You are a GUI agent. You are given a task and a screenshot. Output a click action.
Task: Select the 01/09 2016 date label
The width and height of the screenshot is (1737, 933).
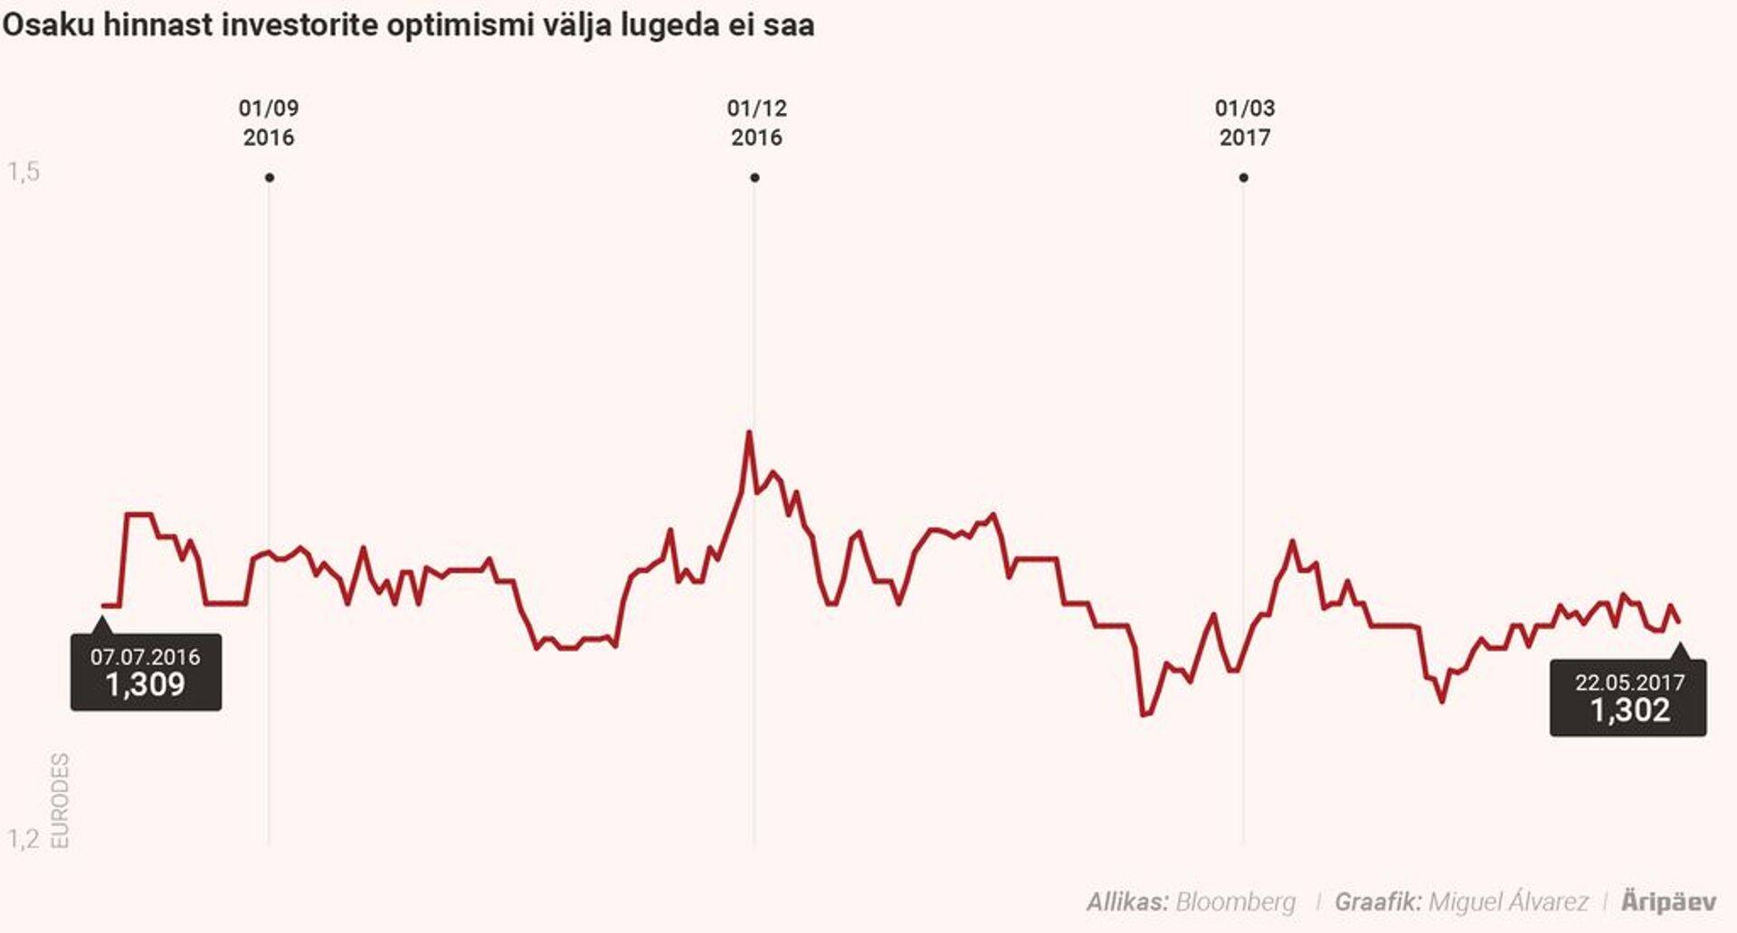point(269,122)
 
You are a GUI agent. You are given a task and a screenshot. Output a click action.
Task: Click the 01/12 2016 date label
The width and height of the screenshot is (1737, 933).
point(756,122)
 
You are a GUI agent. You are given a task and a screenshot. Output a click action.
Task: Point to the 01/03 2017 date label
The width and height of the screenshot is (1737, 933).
point(1245,122)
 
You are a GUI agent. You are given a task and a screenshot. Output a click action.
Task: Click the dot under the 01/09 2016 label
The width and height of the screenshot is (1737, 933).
point(270,177)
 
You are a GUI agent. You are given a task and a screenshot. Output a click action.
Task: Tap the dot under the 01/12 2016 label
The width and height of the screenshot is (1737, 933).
point(755,177)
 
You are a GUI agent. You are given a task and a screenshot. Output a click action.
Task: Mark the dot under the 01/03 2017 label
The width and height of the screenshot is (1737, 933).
point(1244,177)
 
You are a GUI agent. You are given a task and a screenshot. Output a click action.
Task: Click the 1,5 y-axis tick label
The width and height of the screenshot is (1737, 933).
point(24,171)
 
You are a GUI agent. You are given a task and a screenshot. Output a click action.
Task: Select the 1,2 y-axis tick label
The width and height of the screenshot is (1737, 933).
point(24,839)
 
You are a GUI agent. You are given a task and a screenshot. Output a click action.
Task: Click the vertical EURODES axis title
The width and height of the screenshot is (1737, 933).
point(60,801)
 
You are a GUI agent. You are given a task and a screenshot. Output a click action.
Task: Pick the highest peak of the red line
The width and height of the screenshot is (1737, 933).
point(749,433)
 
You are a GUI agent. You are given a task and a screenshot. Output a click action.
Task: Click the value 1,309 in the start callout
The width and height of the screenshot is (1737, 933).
point(146,685)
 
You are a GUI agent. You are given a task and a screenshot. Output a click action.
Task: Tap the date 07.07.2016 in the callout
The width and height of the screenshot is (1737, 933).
point(146,657)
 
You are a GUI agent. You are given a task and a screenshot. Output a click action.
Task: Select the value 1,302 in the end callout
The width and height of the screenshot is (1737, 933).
point(1630,710)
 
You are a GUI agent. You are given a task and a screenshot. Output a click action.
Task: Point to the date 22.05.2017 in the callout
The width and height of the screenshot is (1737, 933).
point(1630,682)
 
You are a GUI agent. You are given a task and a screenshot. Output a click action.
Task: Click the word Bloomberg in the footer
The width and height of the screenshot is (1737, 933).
point(1235,901)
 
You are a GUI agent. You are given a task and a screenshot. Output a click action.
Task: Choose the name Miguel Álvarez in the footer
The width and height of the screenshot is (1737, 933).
point(1508,901)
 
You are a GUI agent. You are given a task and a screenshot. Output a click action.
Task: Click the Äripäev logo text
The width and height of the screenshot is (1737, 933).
point(1668,901)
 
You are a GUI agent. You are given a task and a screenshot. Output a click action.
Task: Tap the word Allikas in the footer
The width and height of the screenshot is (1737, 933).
point(1127,901)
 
